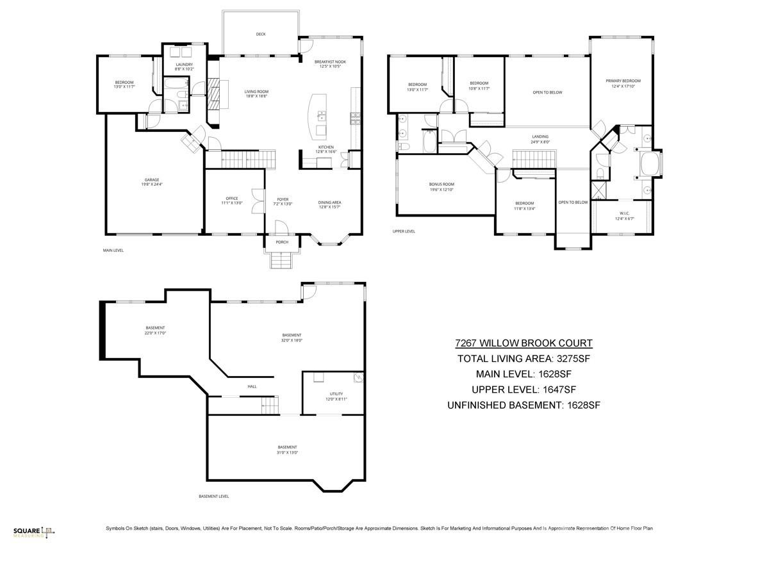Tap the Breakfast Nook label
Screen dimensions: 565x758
[330, 62]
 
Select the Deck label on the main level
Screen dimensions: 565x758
[260, 35]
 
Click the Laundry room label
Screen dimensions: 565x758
[184, 65]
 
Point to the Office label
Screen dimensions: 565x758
[232, 199]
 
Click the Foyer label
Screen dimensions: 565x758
[283, 199]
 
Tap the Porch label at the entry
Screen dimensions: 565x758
[282, 242]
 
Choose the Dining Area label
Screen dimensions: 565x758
[329, 203]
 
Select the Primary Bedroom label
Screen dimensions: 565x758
[623, 81]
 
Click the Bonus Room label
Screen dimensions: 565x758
[441, 184]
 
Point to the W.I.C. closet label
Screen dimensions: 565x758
[625, 213]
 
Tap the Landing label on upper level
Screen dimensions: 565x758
[540, 136]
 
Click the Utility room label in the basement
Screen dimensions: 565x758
[336, 394]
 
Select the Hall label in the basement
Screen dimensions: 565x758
[252, 386]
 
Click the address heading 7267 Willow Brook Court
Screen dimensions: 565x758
[523, 343]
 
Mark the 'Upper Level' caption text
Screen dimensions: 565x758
[404, 231]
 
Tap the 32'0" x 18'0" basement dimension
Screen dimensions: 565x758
[292, 340]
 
